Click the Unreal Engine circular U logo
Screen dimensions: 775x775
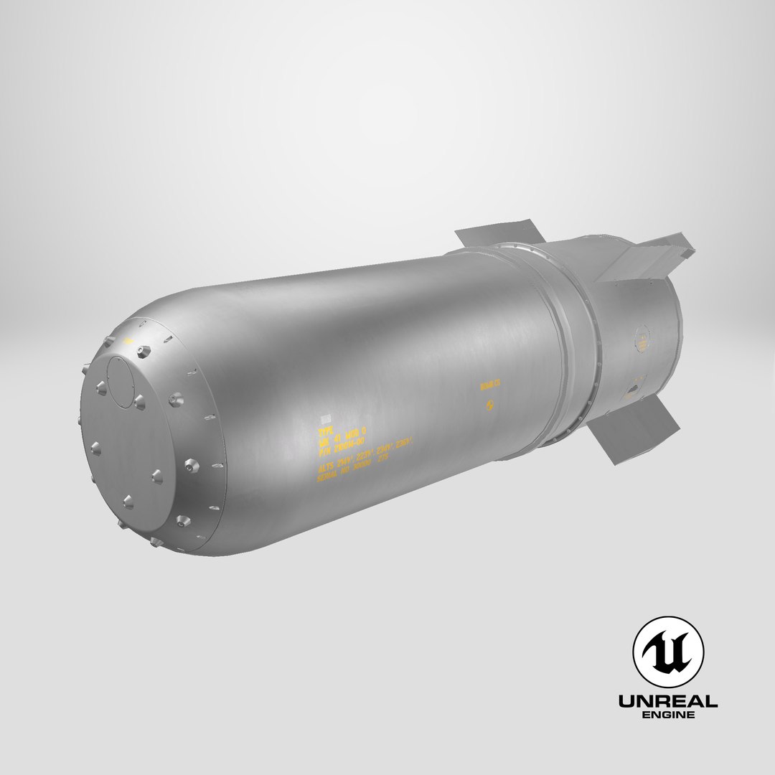[x=667, y=652]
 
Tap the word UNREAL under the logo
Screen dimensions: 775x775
[x=668, y=701]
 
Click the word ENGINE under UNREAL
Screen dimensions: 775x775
[x=668, y=716]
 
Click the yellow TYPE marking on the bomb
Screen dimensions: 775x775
[x=327, y=433]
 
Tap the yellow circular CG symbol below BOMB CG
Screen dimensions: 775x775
[x=490, y=406]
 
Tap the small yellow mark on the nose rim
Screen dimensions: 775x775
[x=129, y=341]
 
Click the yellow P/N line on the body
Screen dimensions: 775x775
[x=344, y=446]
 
